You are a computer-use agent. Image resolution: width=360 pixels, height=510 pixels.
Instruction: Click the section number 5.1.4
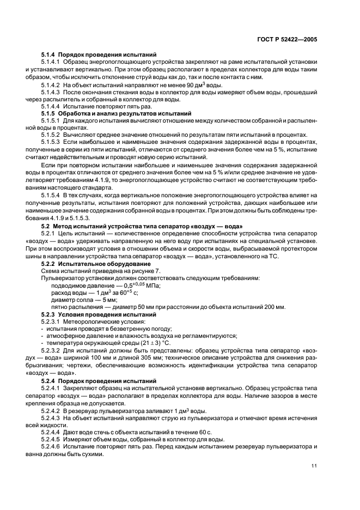pos(50,55)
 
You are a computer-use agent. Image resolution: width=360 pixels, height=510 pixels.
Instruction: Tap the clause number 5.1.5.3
pos(52,142)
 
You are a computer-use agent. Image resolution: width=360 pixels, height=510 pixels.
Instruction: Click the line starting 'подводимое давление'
pos(107,284)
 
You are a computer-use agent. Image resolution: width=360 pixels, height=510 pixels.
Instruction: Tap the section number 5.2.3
pos(50,314)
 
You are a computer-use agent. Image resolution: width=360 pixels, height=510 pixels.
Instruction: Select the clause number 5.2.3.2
pos(52,351)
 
